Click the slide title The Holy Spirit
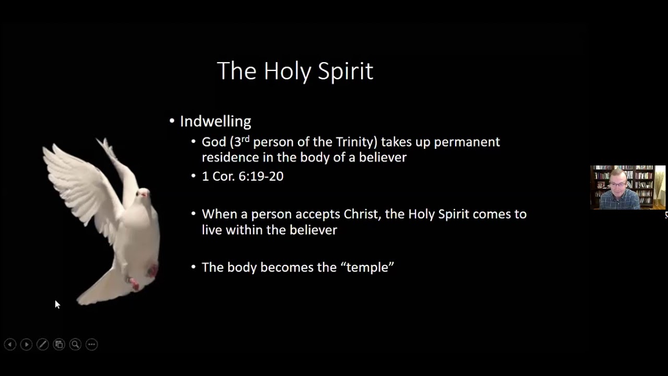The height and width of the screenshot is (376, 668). click(x=295, y=71)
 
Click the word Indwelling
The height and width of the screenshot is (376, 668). click(x=215, y=122)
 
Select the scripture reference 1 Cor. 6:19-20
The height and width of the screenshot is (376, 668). click(x=242, y=177)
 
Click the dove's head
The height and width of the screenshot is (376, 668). click(x=142, y=194)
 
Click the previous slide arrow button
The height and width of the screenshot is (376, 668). click(x=10, y=345)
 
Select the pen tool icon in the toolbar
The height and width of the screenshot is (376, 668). click(x=43, y=345)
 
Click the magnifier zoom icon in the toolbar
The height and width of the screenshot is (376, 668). click(x=75, y=345)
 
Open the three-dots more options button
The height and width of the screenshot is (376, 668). click(x=92, y=345)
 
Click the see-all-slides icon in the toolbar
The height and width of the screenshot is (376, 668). click(x=59, y=345)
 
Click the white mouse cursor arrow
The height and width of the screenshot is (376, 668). click(x=57, y=304)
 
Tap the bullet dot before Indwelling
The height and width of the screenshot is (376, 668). click(x=172, y=122)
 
